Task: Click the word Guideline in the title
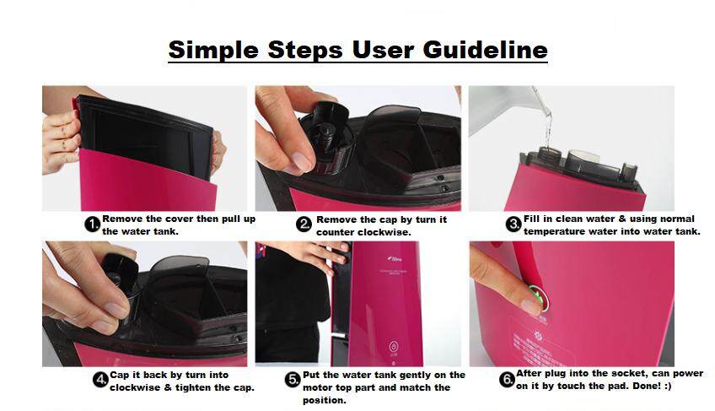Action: (485, 50)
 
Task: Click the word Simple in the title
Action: (213, 51)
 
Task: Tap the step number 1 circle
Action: (93, 224)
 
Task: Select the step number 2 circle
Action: (304, 224)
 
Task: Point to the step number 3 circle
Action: (514, 224)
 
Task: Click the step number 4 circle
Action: (100, 380)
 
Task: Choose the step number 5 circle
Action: (293, 380)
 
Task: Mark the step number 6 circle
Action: (507, 380)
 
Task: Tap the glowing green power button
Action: (540, 298)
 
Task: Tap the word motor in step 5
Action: (316, 387)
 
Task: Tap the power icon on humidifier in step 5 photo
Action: (394, 346)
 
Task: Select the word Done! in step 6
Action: (647, 386)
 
